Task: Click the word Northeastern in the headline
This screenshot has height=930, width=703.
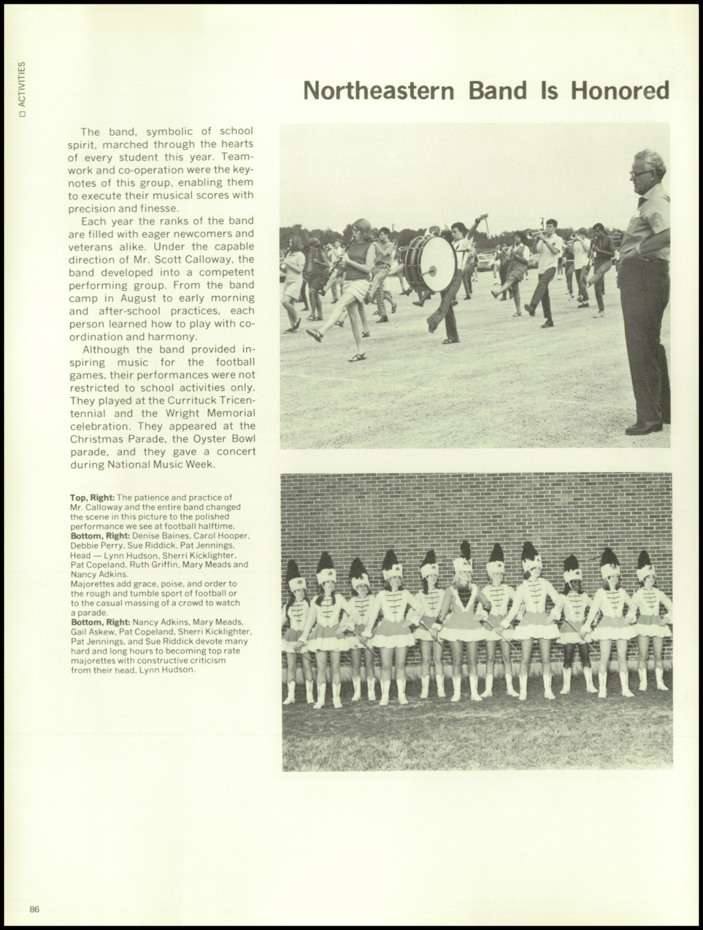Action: click(x=382, y=91)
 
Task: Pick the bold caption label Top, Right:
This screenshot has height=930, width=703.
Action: click(x=93, y=497)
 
